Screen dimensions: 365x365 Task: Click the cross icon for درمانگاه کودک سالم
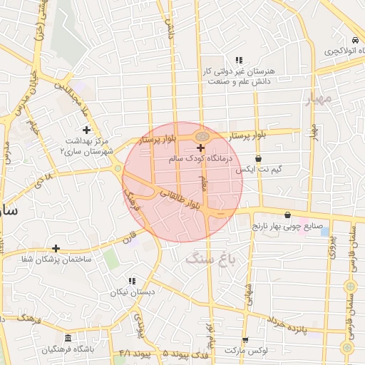(200, 148)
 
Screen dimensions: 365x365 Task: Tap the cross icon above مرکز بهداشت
(87, 130)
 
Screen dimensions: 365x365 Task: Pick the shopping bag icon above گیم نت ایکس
(257, 158)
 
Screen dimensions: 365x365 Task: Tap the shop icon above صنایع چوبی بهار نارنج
(287, 215)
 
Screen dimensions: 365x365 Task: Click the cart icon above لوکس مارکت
(246, 340)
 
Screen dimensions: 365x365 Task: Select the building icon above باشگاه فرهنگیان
(68, 338)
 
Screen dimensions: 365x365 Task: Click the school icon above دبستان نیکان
(131, 281)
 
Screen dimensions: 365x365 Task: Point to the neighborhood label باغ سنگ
(215, 257)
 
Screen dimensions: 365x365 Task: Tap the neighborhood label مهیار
(320, 98)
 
